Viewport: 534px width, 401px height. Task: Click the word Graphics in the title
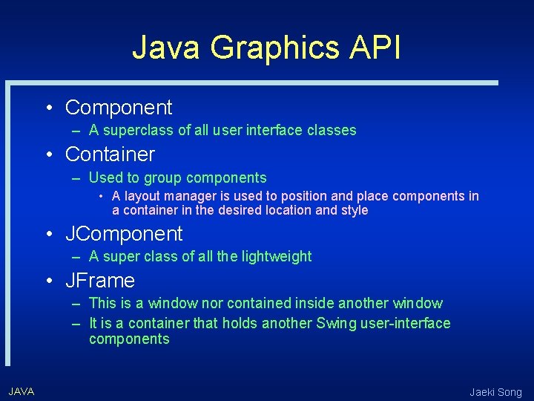coord(274,48)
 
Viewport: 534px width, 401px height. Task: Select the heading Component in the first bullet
coord(119,108)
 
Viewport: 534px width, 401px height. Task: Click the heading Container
coord(110,154)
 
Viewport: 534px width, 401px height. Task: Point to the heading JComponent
coord(124,234)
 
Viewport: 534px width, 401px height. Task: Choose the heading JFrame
coord(100,281)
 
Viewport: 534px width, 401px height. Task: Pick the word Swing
coord(336,323)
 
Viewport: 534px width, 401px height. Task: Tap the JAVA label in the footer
coord(21,391)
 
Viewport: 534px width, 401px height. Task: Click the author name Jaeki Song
coord(495,392)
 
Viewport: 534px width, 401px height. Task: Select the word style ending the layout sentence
coord(353,210)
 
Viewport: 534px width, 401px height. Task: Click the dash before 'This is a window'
coord(77,304)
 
